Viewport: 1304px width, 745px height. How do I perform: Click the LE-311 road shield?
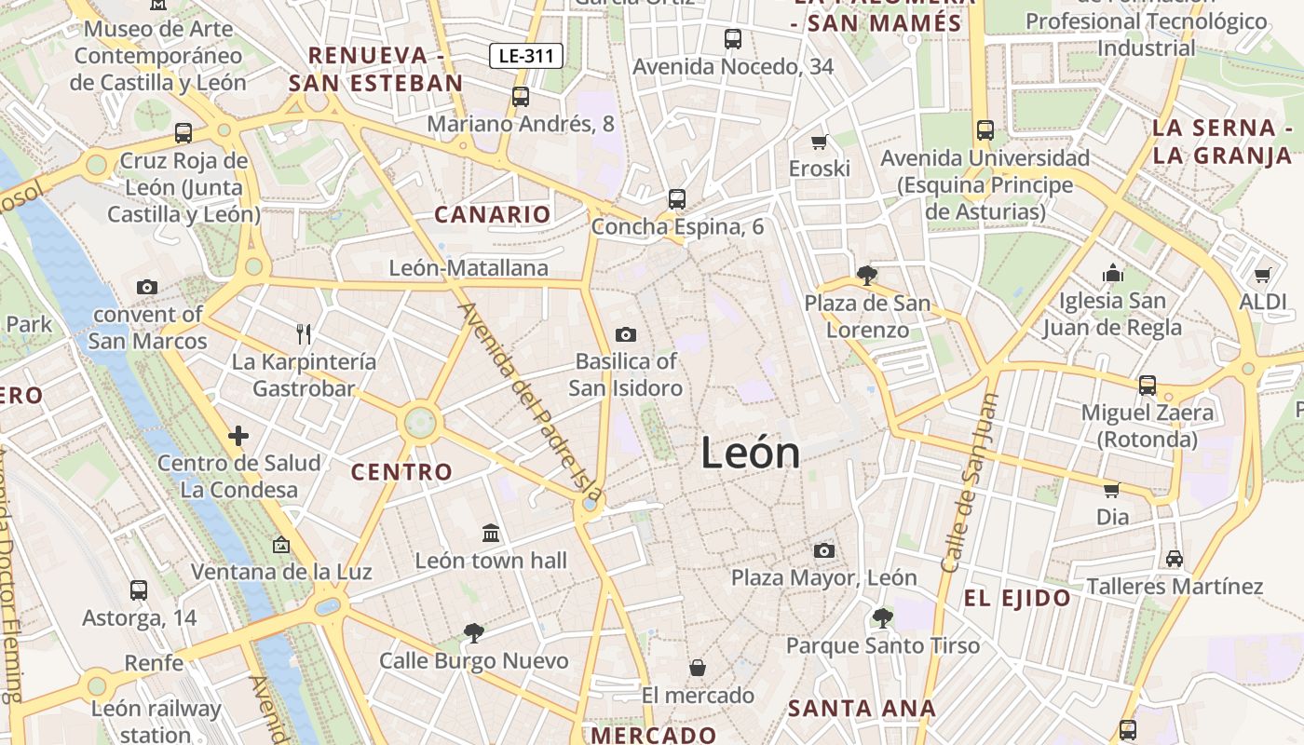pyautogui.click(x=526, y=56)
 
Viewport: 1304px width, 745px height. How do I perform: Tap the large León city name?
pyautogui.click(x=750, y=454)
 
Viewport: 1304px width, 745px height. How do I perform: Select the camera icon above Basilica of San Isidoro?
pyautogui.click(x=626, y=334)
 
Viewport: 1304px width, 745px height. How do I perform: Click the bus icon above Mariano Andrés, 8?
pyautogui.click(x=521, y=96)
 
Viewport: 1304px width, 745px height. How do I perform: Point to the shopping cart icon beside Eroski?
pyautogui.click(x=820, y=142)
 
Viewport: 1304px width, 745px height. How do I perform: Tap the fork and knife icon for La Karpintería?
pyautogui.click(x=303, y=333)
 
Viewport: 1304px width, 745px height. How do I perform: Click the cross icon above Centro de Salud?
pyautogui.click(x=238, y=435)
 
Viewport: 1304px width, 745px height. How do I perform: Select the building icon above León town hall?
pyautogui.click(x=491, y=533)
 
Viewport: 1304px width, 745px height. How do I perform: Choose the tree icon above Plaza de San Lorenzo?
pyautogui.click(x=866, y=275)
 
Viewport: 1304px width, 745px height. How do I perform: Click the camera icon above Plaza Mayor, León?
pyautogui.click(x=824, y=550)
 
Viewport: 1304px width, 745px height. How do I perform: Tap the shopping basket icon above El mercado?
pyautogui.click(x=698, y=668)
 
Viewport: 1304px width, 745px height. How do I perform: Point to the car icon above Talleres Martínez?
pyautogui.click(x=1175, y=559)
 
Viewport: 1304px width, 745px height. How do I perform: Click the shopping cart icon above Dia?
pyautogui.click(x=1111, y=490)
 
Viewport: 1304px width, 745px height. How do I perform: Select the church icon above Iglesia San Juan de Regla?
pyautogui.click(x=1113, y=273)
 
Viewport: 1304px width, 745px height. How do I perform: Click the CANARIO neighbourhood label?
pyautogui.click(x=493, y=215)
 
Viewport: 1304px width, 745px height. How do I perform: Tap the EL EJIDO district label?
pyautogui.click(x=1017, y=599)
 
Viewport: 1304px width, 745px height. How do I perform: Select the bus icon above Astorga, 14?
pyautogui.click(x=139, y=589)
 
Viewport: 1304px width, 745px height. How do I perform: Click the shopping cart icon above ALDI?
pyautogui.click(x=1262, y=275)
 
